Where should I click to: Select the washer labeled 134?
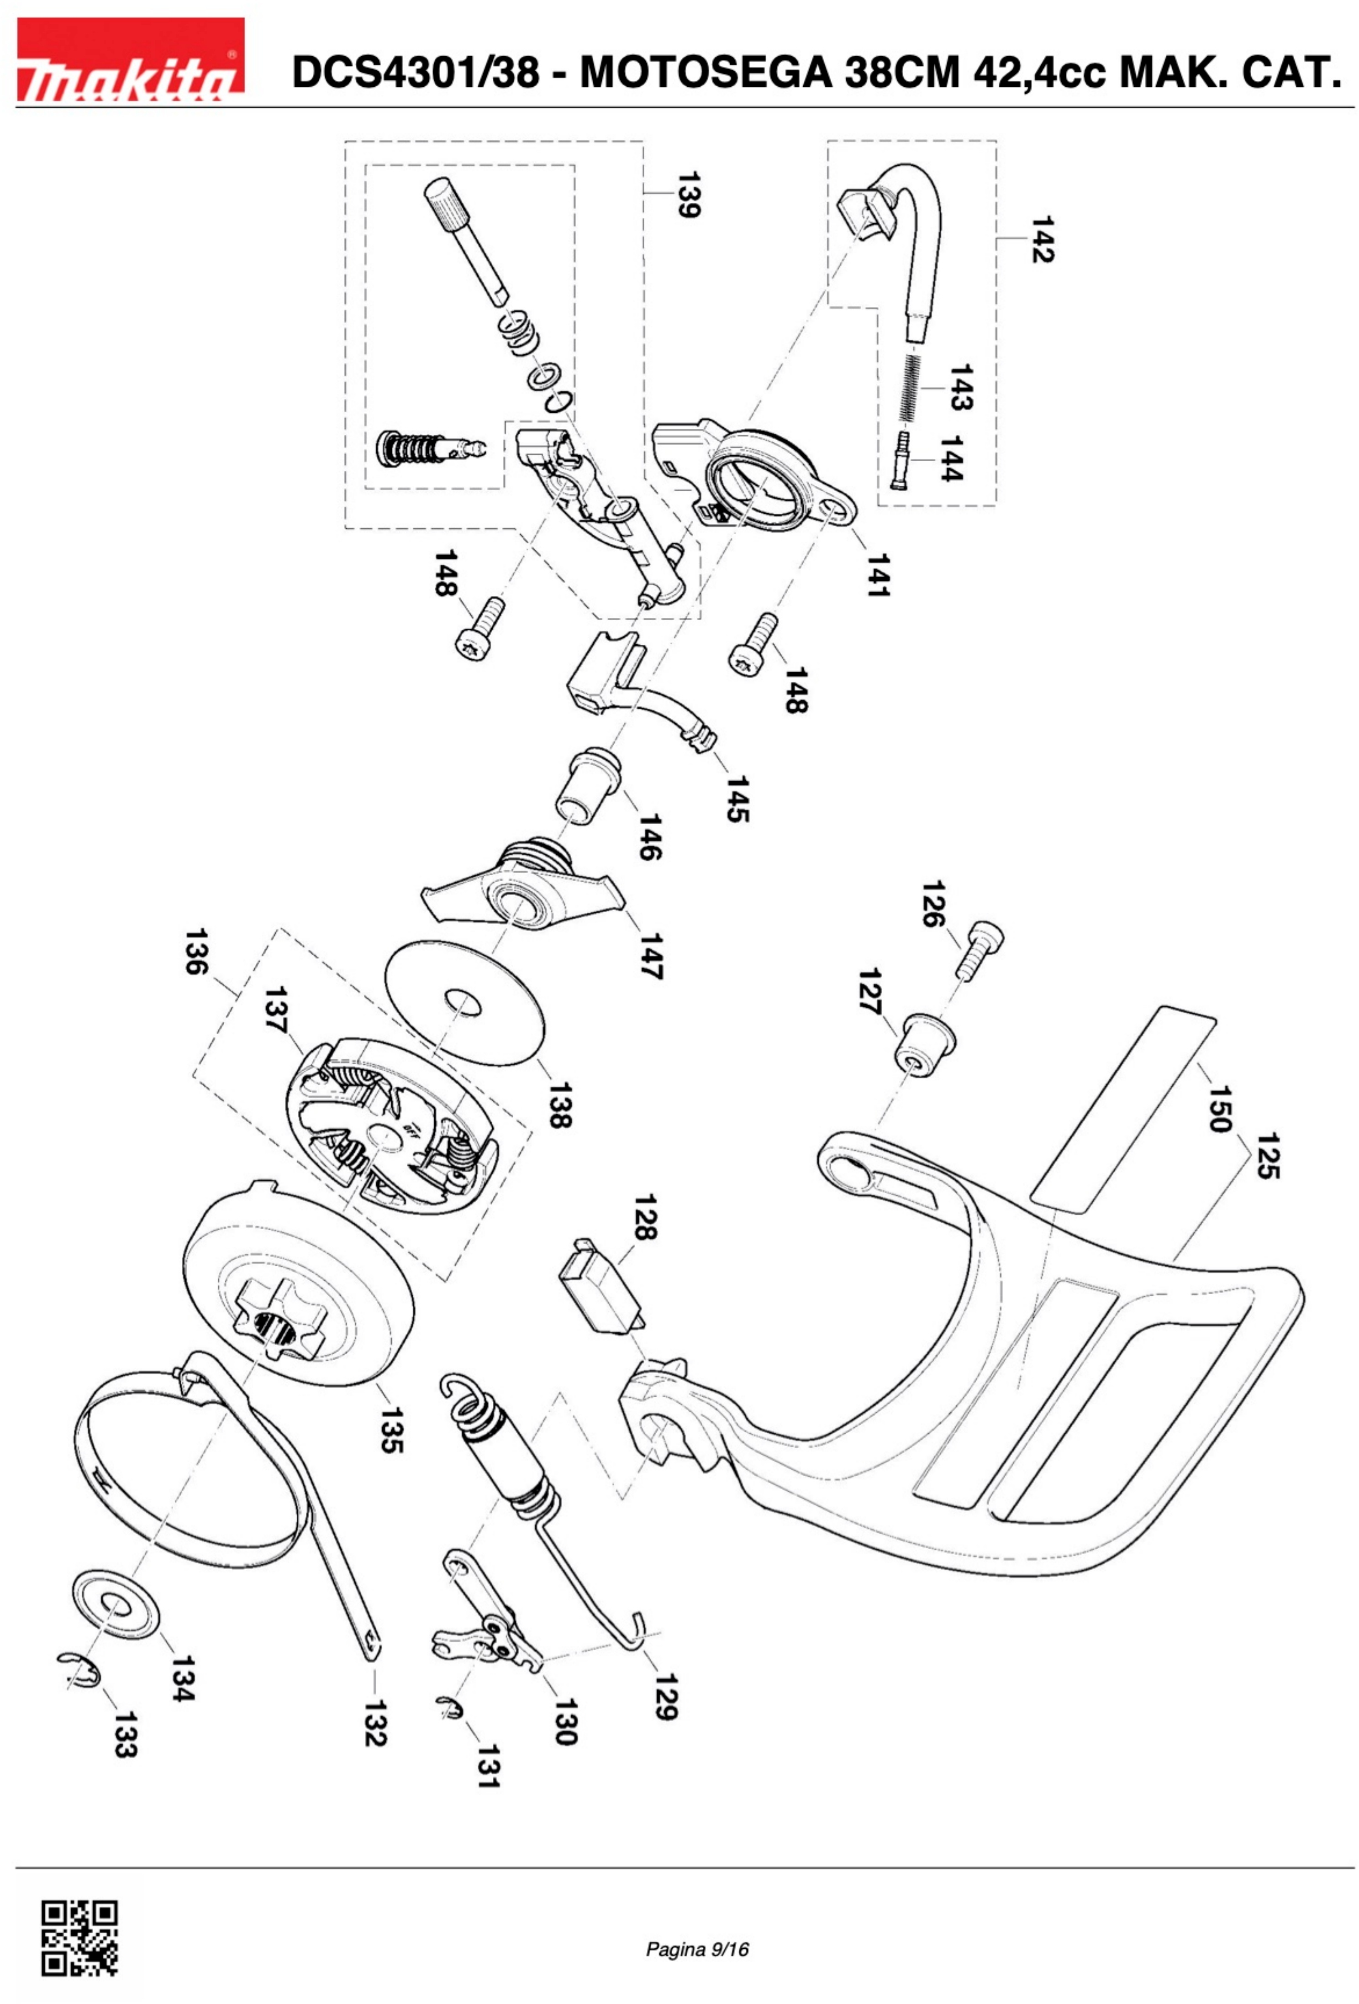(117, 1605)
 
